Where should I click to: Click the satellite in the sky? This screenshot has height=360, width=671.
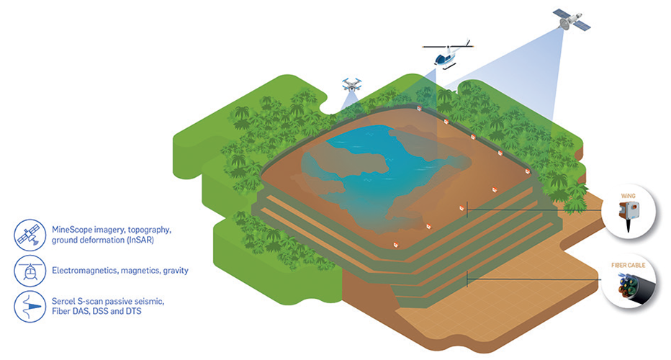pos(572,19)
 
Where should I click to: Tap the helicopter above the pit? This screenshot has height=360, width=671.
pos(448,54)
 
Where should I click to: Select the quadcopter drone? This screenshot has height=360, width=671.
pos(352,84)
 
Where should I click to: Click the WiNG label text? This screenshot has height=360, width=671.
pos(629,196)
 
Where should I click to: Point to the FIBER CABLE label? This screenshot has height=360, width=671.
pos(629,266)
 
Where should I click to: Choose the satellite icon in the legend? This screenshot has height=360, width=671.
pos(30,235)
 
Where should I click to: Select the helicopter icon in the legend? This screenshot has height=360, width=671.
pos(30,271)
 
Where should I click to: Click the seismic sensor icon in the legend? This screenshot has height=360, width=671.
pos(30,307)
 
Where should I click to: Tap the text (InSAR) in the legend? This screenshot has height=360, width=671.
pos(140,240)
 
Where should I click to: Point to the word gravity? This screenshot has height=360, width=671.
pos(176,271)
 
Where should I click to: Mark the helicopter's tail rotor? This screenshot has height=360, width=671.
pos(469,43)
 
